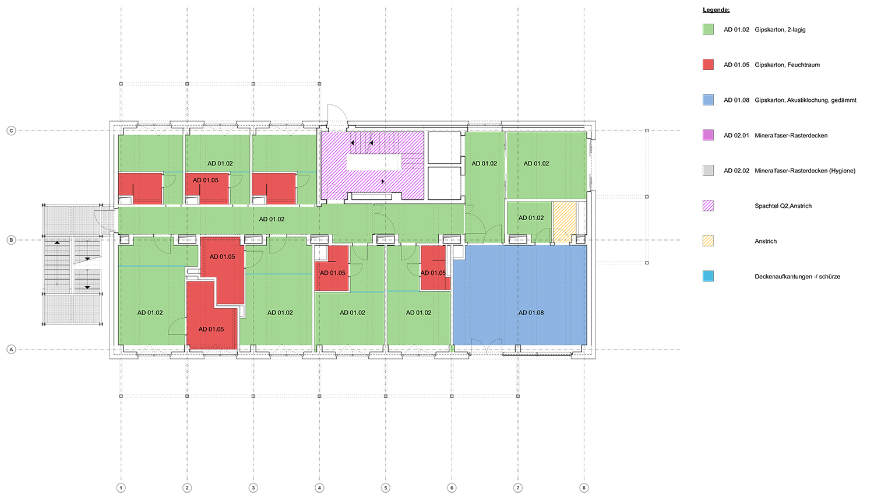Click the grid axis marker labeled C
pos(11,130)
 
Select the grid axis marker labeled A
pos(11,349)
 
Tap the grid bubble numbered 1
pos(121,488)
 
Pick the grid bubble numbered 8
pos(584,488)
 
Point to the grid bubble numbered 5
pos(386,488)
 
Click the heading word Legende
pos(716,10)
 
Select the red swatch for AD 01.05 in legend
pos(708,65)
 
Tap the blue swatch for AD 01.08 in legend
pos(708,100)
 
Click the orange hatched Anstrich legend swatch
pos(708,241)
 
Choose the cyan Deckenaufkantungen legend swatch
pos(708,276)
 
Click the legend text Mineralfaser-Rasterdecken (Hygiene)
pos(805,171)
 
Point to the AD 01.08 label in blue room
pos(531,312)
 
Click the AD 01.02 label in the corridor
pos(272,219)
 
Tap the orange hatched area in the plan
pos(565,223)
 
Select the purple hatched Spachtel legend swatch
pos(708,206)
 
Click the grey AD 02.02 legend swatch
pos(708,171)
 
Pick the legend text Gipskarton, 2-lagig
pos(780,30)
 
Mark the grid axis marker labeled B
pos(11,240)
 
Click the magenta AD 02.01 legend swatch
pos(708,135)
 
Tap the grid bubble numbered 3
pos(253,488)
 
